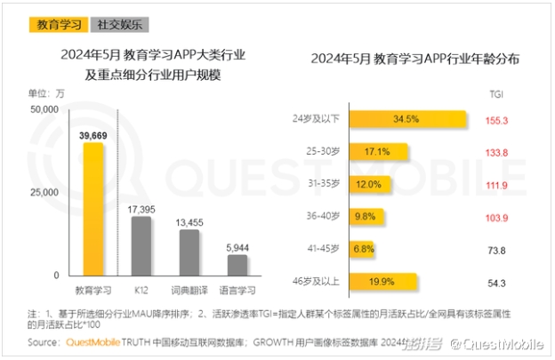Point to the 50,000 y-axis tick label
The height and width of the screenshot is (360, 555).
pyautogui.click(x=44, y=109)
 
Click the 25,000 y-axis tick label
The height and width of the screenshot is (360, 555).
pyautogui.click(x=44, y=192)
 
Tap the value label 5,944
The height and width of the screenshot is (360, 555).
pyautogui.click(x=237, y=247)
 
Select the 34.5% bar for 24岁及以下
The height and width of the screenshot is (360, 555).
pyautogui.click(x=408, y=118)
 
